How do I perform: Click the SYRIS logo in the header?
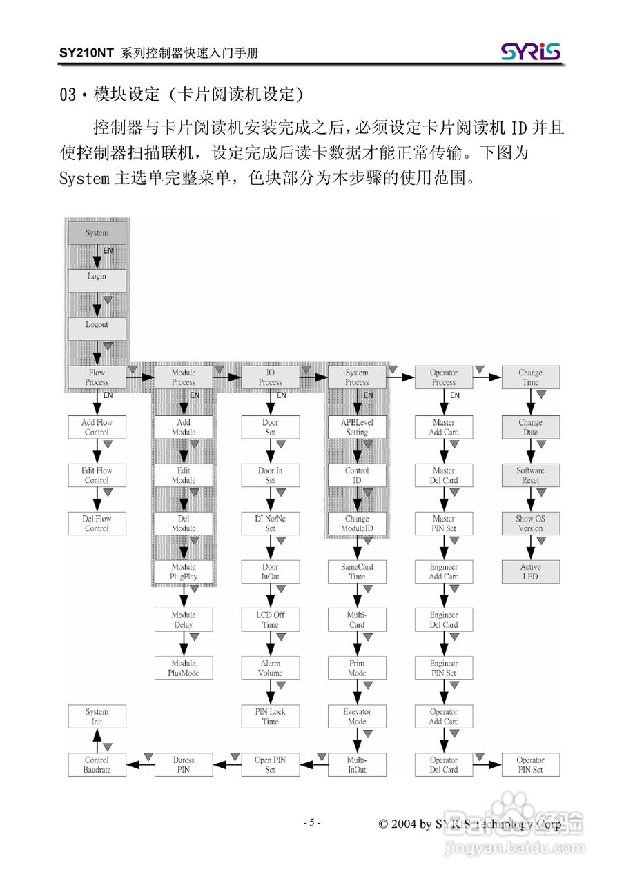click(x=531, y=52)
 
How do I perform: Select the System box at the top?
click(x=97, y=233)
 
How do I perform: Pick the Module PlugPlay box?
click(x=184, y=572)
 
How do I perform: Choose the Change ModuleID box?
click(x=357, y=524)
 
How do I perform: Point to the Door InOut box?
click(x=271, y=572)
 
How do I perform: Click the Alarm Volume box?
click(x=271, y=668)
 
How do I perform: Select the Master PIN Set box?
click(x=444, y=524)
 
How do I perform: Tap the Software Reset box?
click(x=530, y=475)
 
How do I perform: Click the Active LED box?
click(x=530, y=572)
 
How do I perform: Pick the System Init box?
click(x=97, y=717)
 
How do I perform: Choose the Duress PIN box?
click(x=184, y=764)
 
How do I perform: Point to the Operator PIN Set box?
click(x=530, y=764)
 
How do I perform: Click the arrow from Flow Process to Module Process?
click(x=140, y=377)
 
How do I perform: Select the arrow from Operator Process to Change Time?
click(x=487, y=377)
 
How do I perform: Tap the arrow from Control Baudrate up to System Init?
click(x=97, y=740)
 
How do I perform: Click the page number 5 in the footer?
click(x=311, y=822)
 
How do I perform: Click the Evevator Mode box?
click(x=357, y=717)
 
